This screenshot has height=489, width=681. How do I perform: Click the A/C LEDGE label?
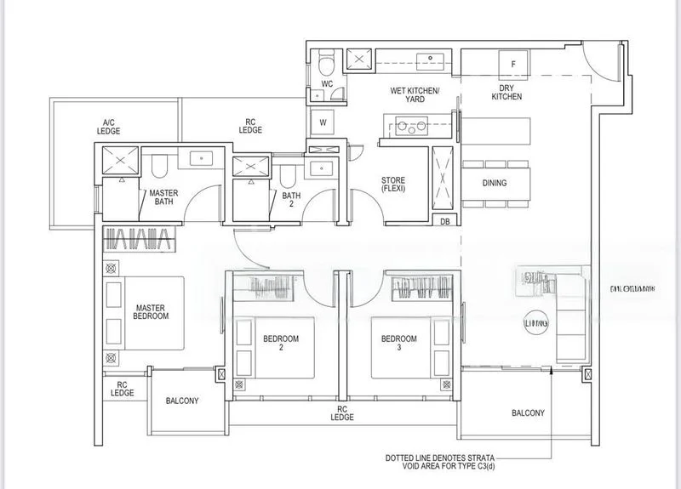click(108, 127)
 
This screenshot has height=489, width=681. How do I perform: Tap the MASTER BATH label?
click(163, 198)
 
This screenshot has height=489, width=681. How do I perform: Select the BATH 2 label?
click(291, 199)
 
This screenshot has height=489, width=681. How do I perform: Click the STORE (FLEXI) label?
click(392, 184)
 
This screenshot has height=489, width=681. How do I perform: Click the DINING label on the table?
click(494, 183)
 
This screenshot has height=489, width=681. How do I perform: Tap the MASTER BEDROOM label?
click(151, 311)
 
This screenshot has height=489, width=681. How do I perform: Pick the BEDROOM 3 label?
click(398, 344)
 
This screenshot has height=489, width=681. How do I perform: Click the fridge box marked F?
click(512, 65)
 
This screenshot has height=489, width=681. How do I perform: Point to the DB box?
click(445, 222)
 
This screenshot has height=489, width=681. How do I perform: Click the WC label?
click(327, 84)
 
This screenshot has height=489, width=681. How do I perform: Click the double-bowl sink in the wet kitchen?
click(411, 128)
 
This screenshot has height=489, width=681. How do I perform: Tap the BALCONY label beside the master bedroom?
click(181, 401)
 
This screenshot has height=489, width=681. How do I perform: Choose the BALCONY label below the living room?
click(528, 413)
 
